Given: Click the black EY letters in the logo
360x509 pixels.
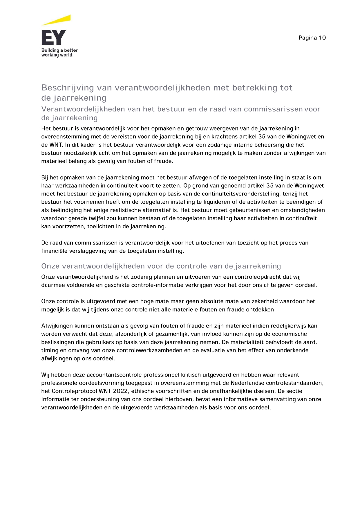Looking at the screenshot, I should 54,37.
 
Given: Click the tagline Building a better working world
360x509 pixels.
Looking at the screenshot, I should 59,52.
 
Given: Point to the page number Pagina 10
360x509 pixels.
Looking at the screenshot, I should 312,38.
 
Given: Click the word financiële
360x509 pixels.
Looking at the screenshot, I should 54,251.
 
